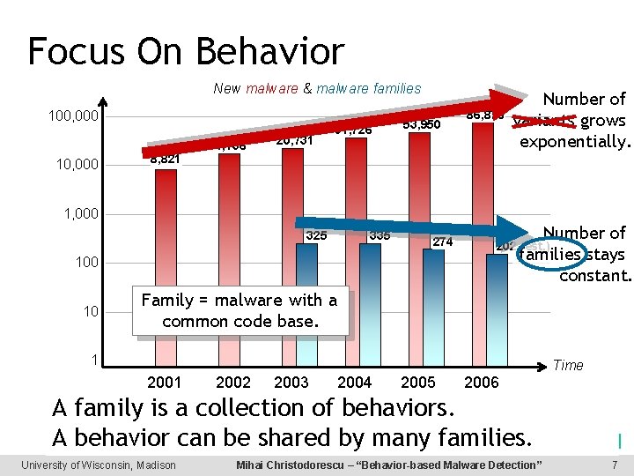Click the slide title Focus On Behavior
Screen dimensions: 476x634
tap(186, 51)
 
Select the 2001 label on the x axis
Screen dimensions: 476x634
tap(165, 382)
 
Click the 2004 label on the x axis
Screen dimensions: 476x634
tap(355, 382)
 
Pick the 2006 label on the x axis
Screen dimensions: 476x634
tap(481, 382)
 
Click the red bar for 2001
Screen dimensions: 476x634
tap(165, 264)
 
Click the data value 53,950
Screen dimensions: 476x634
tap(420, 124)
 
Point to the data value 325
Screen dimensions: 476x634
tap(316, 235)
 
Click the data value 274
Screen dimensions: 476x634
tap(442, 242)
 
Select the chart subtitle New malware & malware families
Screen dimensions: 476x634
tap(317, 88)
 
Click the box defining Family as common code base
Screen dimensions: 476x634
tap(240, 310)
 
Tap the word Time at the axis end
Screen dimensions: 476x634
tap(567, 365)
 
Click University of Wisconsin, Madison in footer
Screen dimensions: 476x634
tap(99, 465)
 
